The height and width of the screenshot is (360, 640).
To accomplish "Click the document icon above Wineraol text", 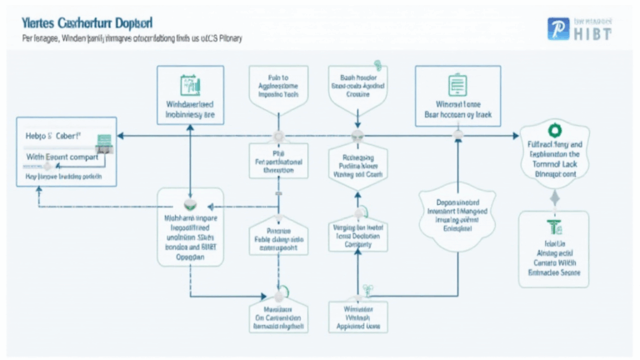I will pos(457,84).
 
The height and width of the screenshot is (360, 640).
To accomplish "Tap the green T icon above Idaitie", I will pos(552,227).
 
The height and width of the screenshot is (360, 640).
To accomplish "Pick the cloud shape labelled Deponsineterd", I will pos(456,213).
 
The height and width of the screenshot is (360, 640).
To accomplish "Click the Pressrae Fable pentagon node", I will pos(277,236).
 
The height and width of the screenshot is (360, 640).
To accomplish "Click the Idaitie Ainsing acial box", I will pos(552,250).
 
